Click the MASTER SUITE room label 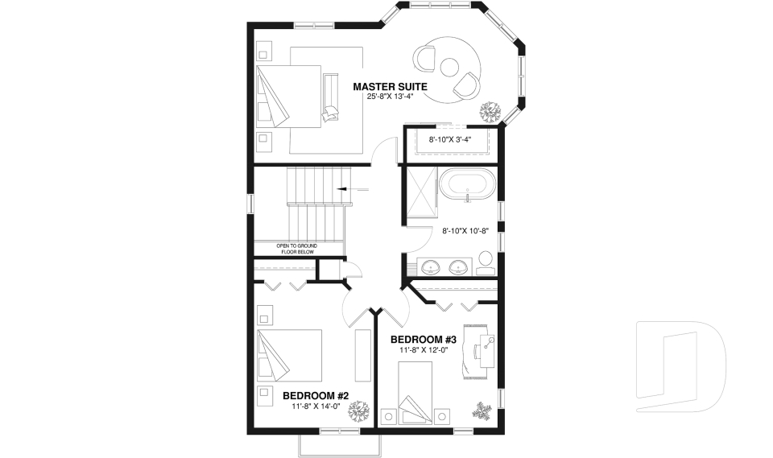point(390,86)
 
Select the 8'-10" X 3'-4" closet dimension point(449,140)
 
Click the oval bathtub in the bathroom point(467,184)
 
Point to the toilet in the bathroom point(486,260)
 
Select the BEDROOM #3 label point(424,339)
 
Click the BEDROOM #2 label point(315,395)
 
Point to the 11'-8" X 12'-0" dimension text point(424,350)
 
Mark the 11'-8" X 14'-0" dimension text point(315,406)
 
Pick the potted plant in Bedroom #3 point(484,411)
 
